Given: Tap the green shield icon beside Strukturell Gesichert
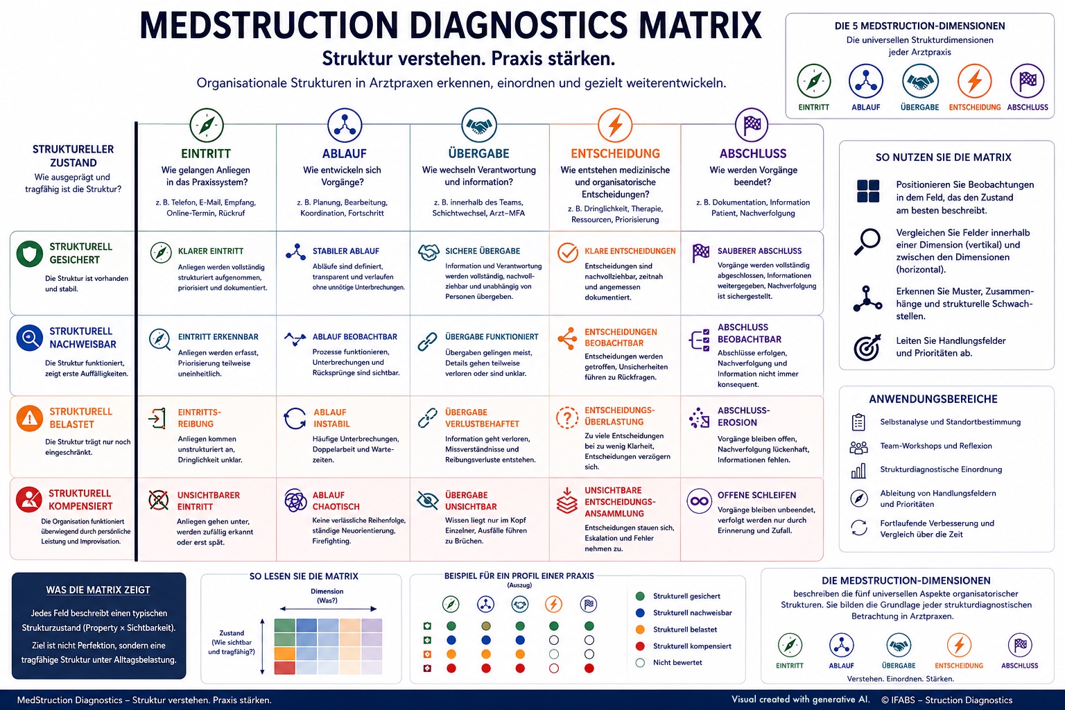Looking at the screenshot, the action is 30,254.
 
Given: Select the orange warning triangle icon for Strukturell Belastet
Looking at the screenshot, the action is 30,419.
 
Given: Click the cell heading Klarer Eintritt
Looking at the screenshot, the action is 211,251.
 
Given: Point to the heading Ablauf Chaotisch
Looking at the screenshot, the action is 336,501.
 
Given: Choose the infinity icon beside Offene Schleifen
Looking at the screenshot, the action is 699,501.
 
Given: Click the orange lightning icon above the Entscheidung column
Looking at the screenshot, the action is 615,125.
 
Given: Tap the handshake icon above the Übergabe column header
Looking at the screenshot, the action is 479,125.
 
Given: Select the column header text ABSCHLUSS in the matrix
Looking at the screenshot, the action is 753,154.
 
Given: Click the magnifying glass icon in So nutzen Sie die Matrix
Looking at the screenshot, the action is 867,241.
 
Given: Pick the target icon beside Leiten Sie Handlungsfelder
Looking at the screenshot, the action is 867,347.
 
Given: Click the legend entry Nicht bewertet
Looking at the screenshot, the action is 677,662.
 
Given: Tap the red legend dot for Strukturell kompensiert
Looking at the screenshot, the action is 640,646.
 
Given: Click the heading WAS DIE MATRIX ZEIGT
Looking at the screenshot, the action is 98,590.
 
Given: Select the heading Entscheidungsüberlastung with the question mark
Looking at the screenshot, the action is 619,416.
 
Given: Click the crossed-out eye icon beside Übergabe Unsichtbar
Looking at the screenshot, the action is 427,501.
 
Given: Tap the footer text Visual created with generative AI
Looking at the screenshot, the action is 801,700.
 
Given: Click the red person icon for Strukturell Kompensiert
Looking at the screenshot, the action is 29,499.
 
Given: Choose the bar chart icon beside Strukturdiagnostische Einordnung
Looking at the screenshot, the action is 858,471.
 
